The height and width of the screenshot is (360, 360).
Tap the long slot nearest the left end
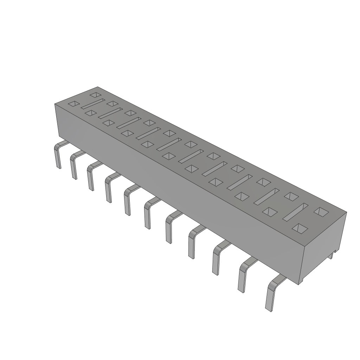(93, 104)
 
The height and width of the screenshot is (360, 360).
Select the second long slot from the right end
(266, 197)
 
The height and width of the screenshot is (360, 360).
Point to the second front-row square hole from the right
(270, 212)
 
